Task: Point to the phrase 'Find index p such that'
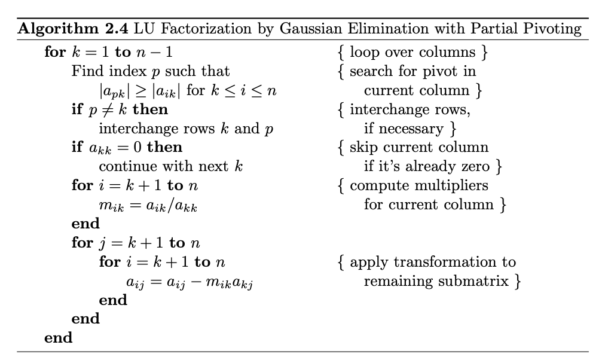pos(150,71)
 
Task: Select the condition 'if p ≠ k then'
pos(120,109)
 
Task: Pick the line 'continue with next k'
pos(170,166)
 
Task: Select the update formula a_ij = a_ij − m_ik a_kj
pos(187,281)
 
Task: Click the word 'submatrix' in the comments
pos(473,281)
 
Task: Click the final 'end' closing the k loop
pos(58,338)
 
